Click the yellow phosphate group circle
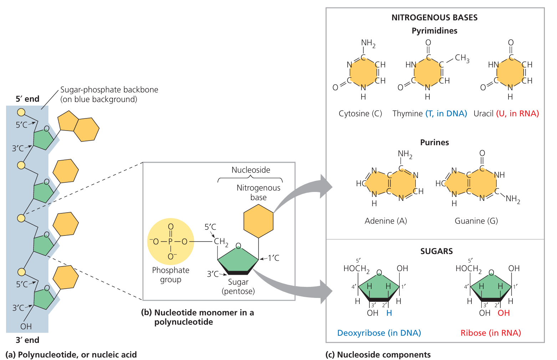[170, 242]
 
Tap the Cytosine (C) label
[360, 113]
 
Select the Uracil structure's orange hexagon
[510, 72]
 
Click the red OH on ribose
[504, 313]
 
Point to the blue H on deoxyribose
[389, 313]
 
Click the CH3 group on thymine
[462, 58]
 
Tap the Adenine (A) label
[386, 221]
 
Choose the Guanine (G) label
[476, 221]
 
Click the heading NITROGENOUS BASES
[434, 17]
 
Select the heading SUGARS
[436, 251]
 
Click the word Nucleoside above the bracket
[251, 170]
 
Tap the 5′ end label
[27, 99]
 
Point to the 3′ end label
[27, 340]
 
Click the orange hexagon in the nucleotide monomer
[258, 221]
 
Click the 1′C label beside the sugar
[274, 258]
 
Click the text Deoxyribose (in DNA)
[379, 333]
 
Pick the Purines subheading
[434, 142]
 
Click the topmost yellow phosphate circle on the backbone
[21, 112]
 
